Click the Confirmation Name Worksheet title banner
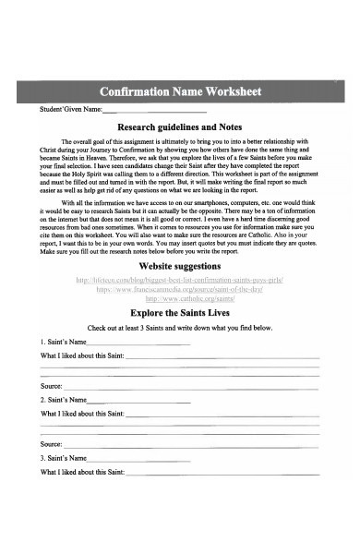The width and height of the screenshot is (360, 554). click(180, 91)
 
